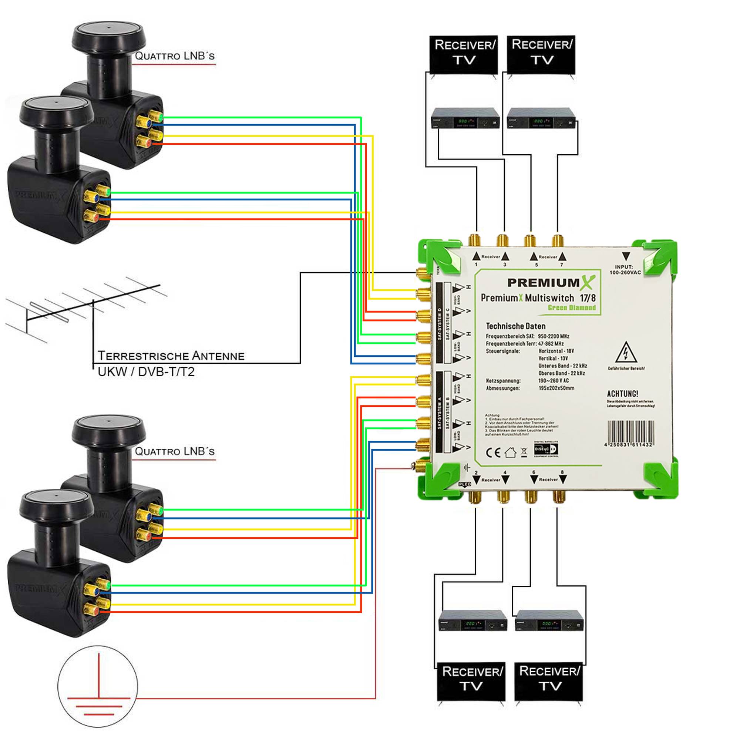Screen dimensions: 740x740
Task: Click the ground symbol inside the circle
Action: pyautogui.click(x=98, y=686)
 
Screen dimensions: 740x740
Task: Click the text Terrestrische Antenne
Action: pyautogui.click(x=171, y=356)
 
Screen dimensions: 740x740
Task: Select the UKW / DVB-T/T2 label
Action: pyautogui.click(x=146, y=372)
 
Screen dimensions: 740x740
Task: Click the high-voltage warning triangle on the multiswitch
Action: pyautogui.click(x=626, y=353)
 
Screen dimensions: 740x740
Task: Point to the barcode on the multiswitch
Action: pyautogui.click(x=630, y=433)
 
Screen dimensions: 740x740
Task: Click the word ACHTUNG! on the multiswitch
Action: pyautogui.click(x=622, y=394)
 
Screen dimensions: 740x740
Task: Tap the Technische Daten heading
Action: pyautogui.click(x=515, y=326)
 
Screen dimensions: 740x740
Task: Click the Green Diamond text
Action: pyautogui.click(x=572, y=307)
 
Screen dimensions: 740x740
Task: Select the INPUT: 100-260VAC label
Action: pyautogui.click(x=625, y=270)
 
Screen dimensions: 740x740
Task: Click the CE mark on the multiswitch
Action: pyautogui.click(x=493, y=453)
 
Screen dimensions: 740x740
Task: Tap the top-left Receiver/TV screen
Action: pyautogui.click(x=464, y=54)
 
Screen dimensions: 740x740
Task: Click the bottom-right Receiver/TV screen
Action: pyautogui.click(x=548, y=682)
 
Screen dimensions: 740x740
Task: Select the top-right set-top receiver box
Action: pyautogui.click(x=541, y=118)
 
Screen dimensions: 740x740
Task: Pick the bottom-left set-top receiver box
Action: pyautogui.click(x=472, y=620)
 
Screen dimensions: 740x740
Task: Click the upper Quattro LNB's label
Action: pyautogui.click(x=175, y=56)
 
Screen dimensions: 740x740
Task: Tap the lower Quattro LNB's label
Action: pyautogui.click(x=175, y=451)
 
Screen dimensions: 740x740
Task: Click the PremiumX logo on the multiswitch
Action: pyautogui.click(x=551, y=283)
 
